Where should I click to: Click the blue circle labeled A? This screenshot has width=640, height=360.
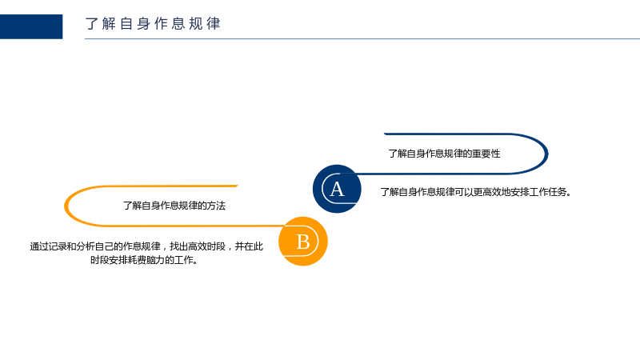click(x=337, y=189)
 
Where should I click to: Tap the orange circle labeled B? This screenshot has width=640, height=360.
click(x=303, y=242)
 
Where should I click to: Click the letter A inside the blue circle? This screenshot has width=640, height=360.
click(x=337, y=189)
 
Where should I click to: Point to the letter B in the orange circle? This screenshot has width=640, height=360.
click(x=303, y=242)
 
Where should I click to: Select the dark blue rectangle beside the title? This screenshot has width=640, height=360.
click(x=31, y=26)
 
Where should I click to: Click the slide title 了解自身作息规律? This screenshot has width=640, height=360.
click(x=153, y=24)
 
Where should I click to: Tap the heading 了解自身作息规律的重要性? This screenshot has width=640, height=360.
click(x=444, y=154)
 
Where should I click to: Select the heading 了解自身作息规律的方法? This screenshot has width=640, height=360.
click(x=174, y=206)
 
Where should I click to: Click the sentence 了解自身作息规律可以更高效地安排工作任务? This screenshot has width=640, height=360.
click(x=475, y=192)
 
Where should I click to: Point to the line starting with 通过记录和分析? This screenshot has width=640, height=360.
click(x=146, y=246)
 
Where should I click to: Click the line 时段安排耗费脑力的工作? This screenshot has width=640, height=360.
click(x=144, y=260)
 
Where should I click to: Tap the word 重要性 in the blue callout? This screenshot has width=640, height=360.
click(x=486, y=154)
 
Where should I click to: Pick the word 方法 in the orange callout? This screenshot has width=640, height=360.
click(x=216, y=206)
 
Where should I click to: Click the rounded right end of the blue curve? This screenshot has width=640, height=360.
click(x=546, y=154)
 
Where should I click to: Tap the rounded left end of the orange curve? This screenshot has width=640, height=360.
click(x=66, y=206)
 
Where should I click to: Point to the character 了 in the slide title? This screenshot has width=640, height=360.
click(x=92, y=24)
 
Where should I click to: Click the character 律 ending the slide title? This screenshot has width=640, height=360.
click(x=214, y=24)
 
